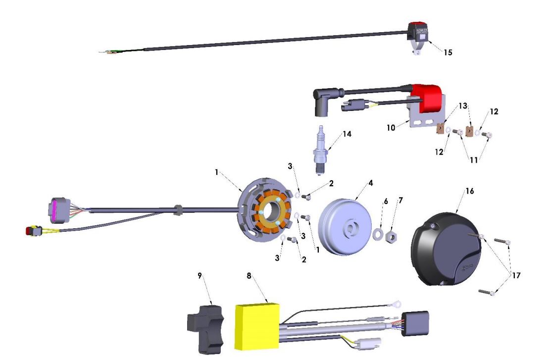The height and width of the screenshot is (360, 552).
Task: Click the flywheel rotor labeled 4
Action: tap(341, 225)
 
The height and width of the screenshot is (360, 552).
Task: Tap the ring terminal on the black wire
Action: tap(397, 304)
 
